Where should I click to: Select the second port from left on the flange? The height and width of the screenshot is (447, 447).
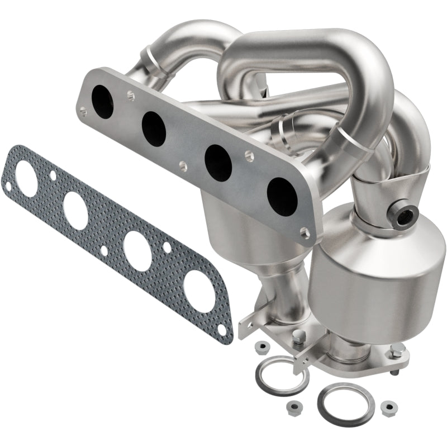pyautogui.click(x=154, y=129)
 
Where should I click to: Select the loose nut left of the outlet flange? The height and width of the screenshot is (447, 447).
pyautogui.click(x=259, y=348)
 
